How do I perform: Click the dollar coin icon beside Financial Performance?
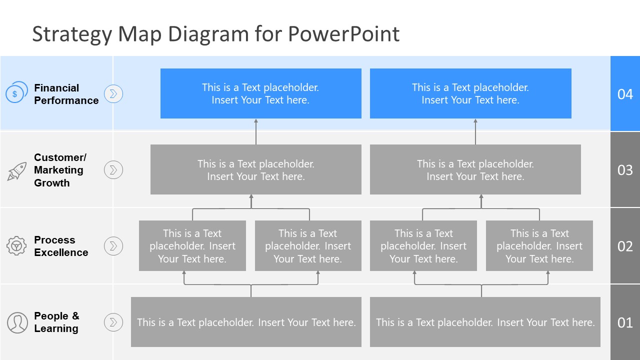coord(15,93)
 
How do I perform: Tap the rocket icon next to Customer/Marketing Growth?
coord(16,171)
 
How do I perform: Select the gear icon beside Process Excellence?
coord(16,246)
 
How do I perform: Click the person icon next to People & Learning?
coord(17,322)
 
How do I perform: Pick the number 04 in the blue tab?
coord(625,94)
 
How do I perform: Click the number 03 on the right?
coord(625,170)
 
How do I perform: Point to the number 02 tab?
coord(625,246)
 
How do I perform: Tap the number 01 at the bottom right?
coord(625,322)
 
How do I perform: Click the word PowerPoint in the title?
coord(343,34)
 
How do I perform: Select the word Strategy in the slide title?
coord(71,34)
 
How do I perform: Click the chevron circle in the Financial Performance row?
coord(113,93)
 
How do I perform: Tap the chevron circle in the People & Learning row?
coord(113,322)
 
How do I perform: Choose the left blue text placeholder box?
coord(260,93)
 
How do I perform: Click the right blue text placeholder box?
coord(470,93)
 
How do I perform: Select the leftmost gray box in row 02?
coord(192,246)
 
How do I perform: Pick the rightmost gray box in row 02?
coord(539,246)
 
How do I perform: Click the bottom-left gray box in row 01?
coord(246,322)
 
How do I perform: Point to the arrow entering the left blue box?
coord(256,131)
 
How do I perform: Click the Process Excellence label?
coord(61,246)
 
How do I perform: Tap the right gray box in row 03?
coord(475,169)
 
